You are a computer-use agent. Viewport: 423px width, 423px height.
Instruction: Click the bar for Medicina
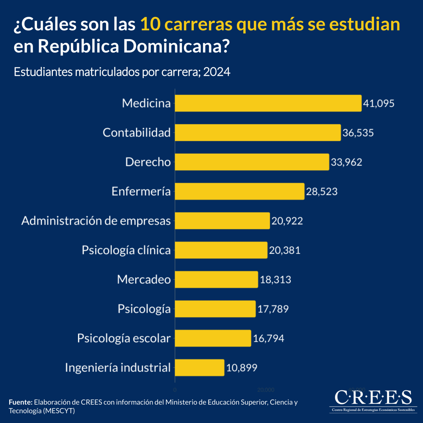click(x=268, y=103)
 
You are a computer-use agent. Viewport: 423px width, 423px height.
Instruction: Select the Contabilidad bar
click(x=258, y=133)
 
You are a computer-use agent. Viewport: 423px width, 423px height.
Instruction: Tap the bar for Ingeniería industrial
click(x=200, y=368)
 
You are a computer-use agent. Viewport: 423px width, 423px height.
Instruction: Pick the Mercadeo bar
click(x=216, y=280)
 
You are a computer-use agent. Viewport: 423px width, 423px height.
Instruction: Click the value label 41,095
click(x=379, y=104)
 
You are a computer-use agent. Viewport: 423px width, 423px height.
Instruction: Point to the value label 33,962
click(x=347, y=162)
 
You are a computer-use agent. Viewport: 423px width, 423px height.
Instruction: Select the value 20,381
click(x=285, y=250)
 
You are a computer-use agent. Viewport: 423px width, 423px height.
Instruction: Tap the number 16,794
click(x=269, y=338)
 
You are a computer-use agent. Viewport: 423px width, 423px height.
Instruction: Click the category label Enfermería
click(x=141, y=191)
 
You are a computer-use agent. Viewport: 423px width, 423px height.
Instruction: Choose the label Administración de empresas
click(x=96, y=221)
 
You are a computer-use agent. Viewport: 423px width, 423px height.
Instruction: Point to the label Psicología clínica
click(x=126, y=250)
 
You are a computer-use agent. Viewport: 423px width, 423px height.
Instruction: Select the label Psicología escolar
click(x=124, y=338)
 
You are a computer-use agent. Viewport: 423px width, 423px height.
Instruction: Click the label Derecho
click(x=148, y=162)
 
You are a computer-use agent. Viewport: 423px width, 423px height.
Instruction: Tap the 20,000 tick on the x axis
click(x=266, y=390)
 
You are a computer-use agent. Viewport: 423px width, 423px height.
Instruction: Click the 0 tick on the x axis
click(x=175, y=390)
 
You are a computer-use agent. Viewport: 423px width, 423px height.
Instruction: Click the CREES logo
click(x=373, y=400)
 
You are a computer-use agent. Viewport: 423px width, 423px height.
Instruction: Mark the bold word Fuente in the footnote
click(x=20, y=402)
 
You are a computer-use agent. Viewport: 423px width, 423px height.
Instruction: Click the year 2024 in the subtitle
click(x=217, y=72)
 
